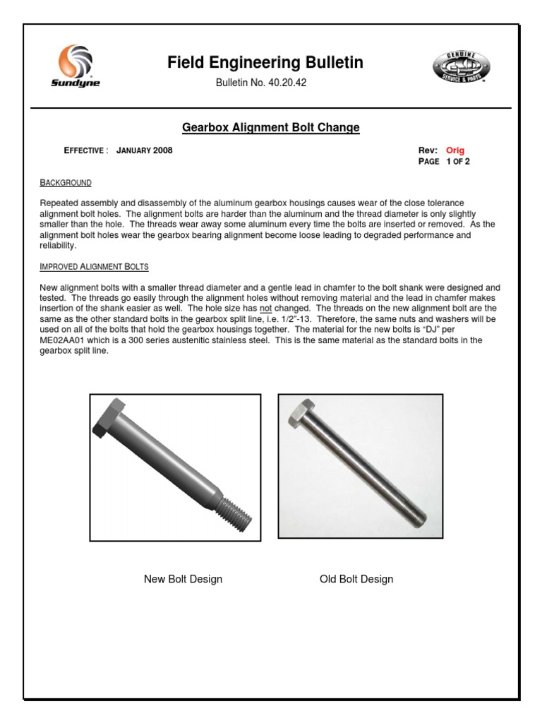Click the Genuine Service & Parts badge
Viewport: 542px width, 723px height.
pos(462,69)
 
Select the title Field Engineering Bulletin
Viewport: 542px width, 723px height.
pos(265,63)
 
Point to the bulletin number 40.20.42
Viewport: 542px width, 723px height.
pos(286,83)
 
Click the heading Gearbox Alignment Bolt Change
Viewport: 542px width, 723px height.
pos(271,128)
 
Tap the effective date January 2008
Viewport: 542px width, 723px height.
pos(144,150)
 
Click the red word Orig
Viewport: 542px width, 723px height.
pos(455,150)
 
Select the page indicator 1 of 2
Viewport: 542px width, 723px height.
pos(458,162)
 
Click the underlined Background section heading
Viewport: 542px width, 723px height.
pos(66,183)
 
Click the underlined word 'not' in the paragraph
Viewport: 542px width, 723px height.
pos(267,309)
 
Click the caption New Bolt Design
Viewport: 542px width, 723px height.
pos(183,579)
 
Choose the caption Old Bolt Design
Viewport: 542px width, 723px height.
pos(356,579)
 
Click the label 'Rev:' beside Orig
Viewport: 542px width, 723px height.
pos(428,150)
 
